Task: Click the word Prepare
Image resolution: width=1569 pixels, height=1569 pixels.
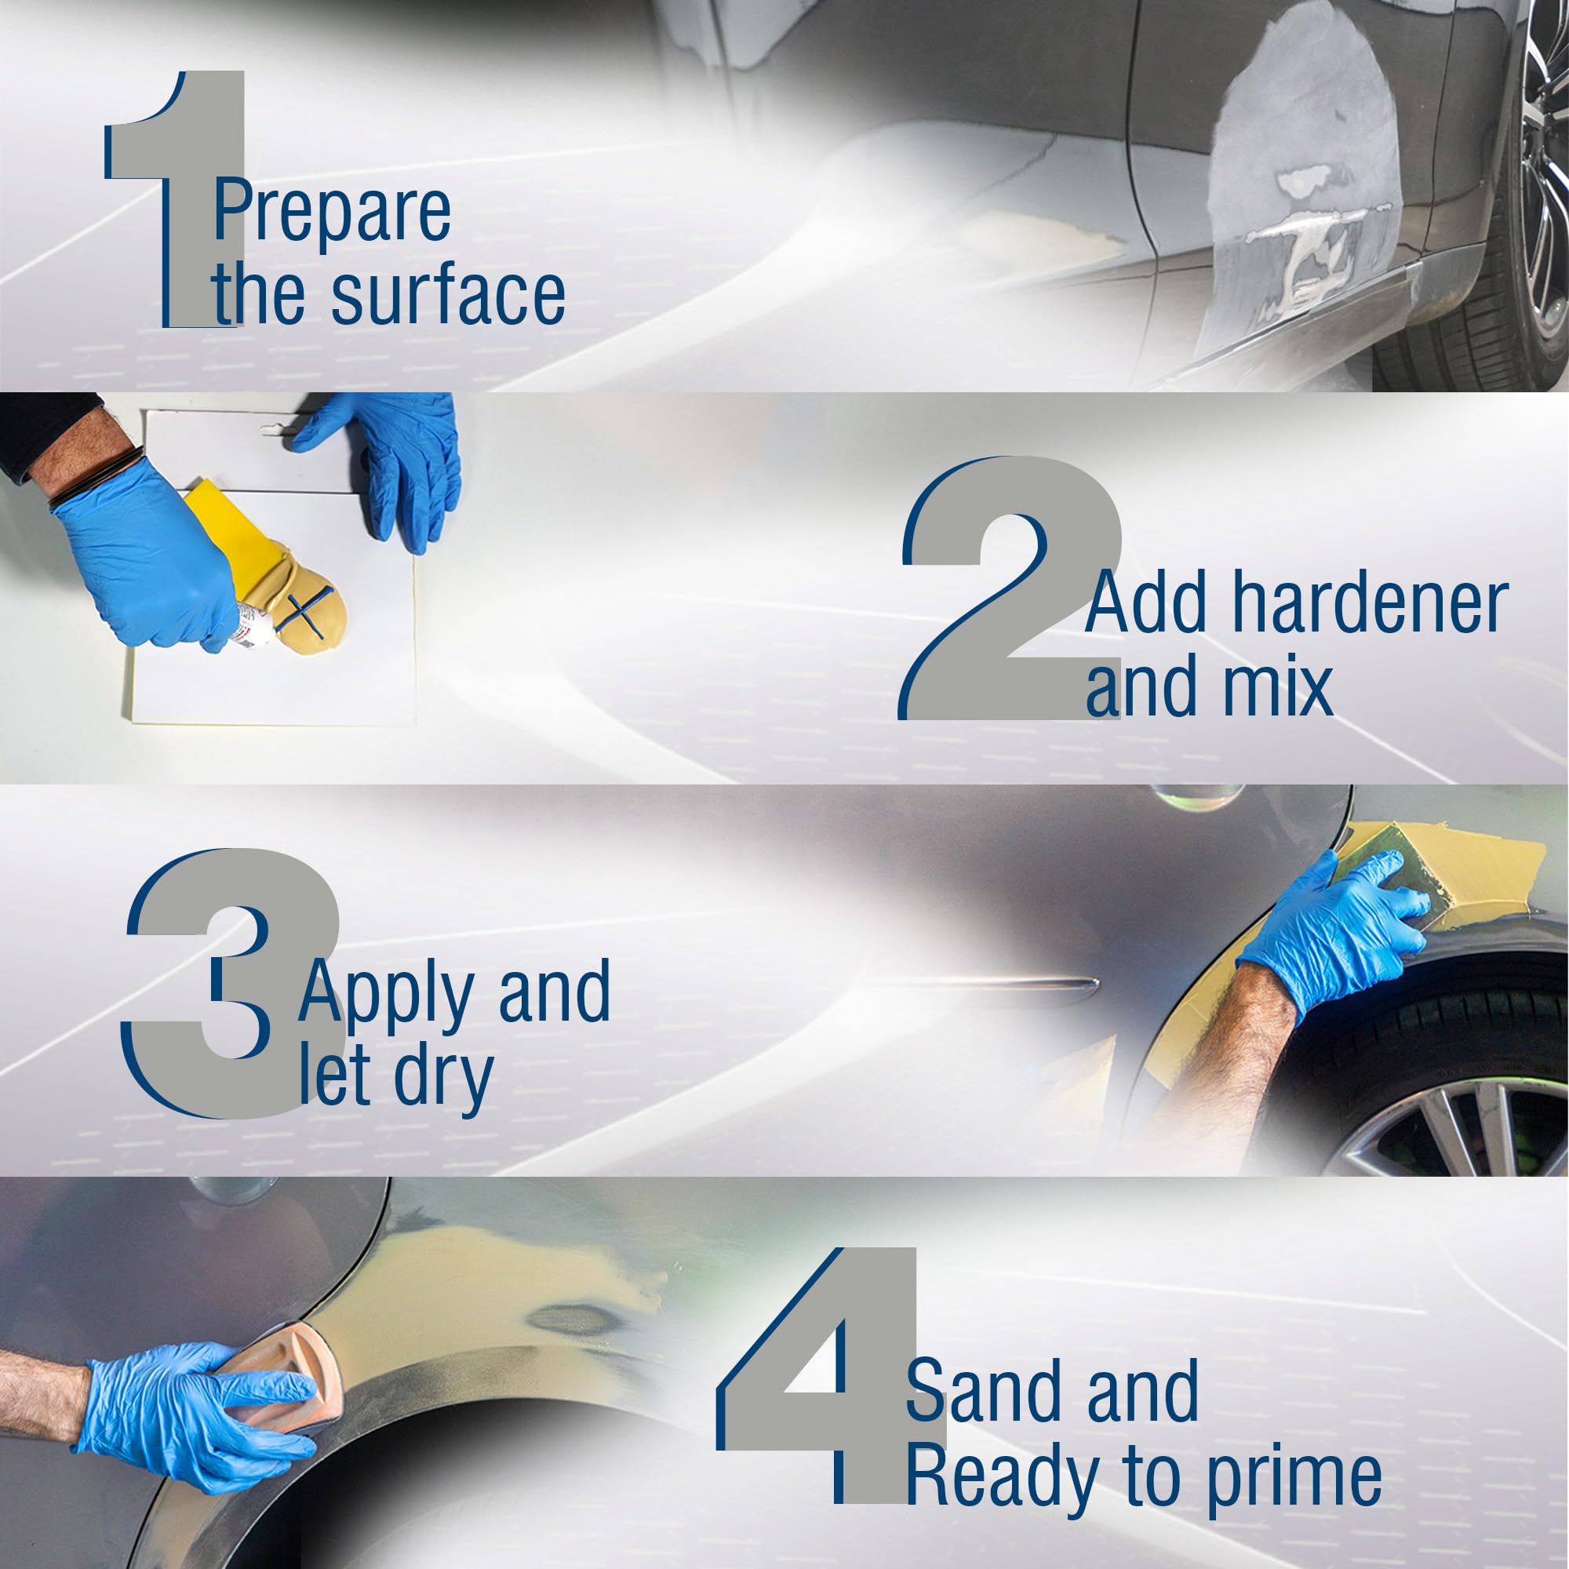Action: [332, 211]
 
